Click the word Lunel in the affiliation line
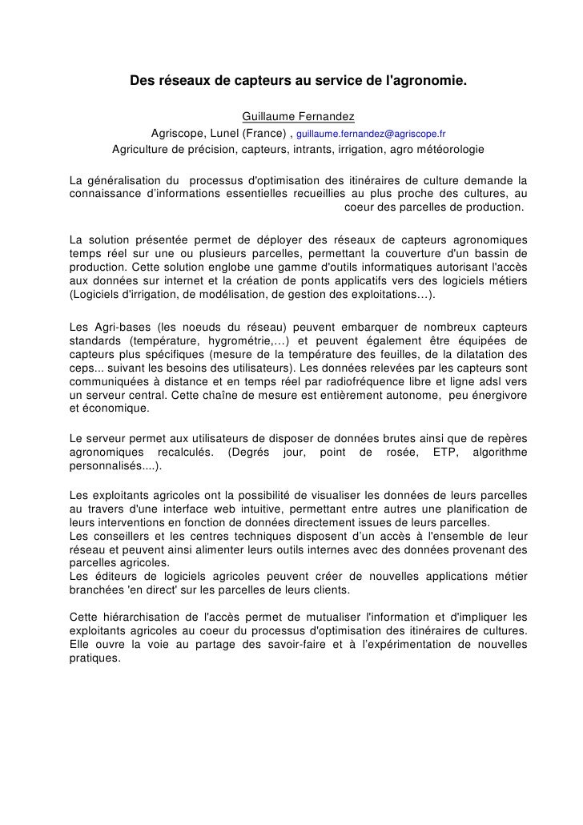223,133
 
